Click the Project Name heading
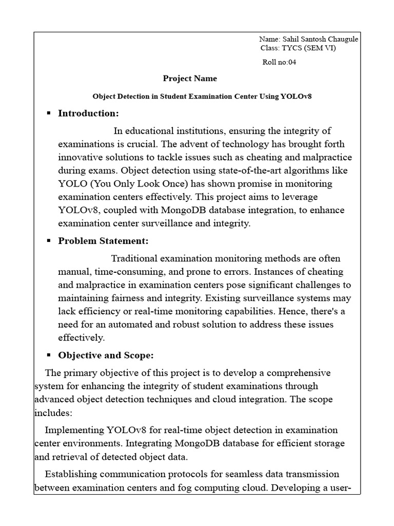(x=190, y=79)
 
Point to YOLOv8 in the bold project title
(x=296, y=96)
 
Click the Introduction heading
(x=88, y=113)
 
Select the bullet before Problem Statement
(x=49, y=240)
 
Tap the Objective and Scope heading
(x=106, y=355)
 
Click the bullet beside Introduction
(x=49, y=113)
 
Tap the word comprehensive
(x=297, y=372)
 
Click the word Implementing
(x=74, y=430)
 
